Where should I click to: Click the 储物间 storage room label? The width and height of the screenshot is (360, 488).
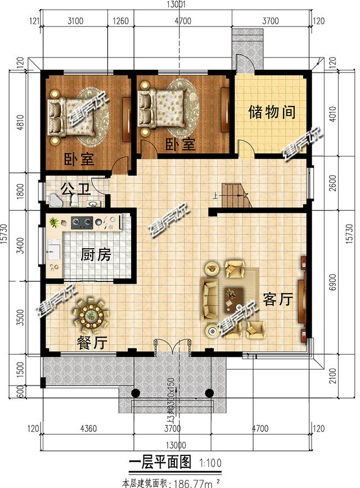pos(272,111)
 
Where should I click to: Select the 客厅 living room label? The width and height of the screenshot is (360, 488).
pos(277,299)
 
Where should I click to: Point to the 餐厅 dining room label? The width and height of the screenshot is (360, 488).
pos(92,341)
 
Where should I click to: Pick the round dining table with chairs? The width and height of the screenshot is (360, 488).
pos(90,314)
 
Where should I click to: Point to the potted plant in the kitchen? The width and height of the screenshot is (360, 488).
pos(53,222)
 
